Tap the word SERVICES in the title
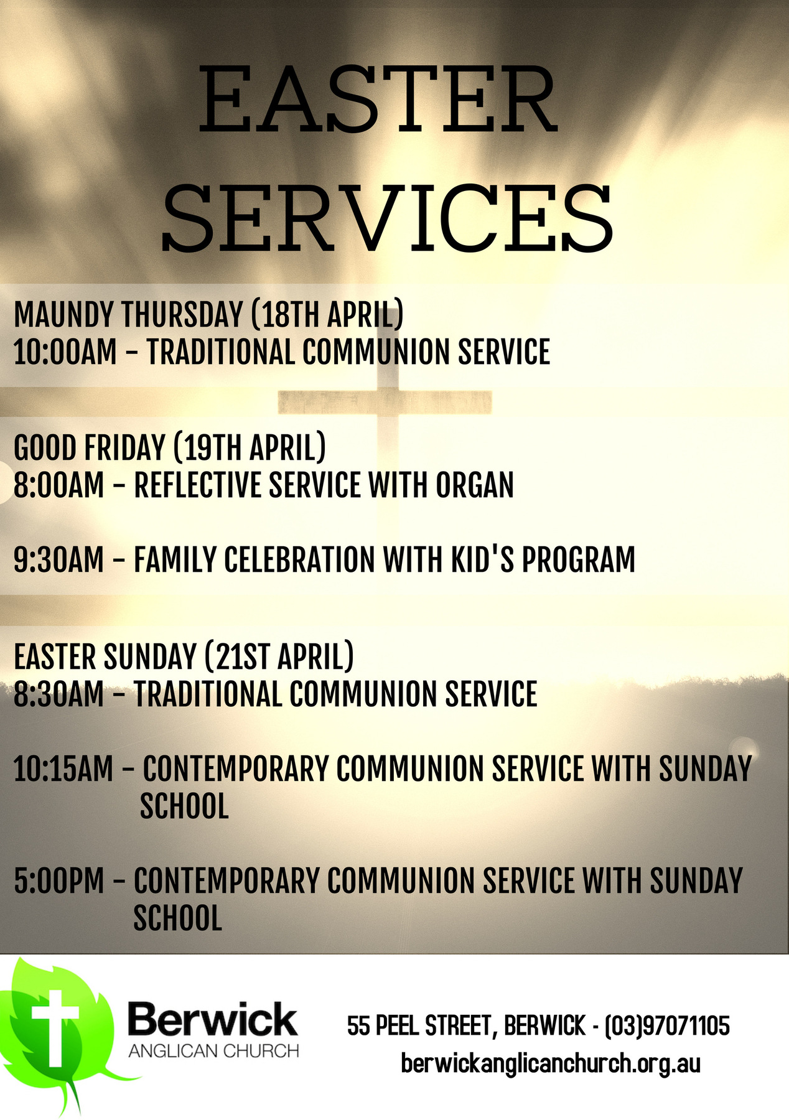pos(387,217)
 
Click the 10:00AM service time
pos(65,352)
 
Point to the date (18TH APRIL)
pos(327,315)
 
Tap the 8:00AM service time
pos(59,485)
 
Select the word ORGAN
pos(475,485)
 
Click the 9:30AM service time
pos(59,559)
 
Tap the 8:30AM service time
pos(59,694)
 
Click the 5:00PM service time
pos(59,881)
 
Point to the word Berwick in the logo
pos(213,1020)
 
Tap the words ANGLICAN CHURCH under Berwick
pos(213,1052)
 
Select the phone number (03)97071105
pos(667,1025)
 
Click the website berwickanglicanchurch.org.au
pos(551,1063)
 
